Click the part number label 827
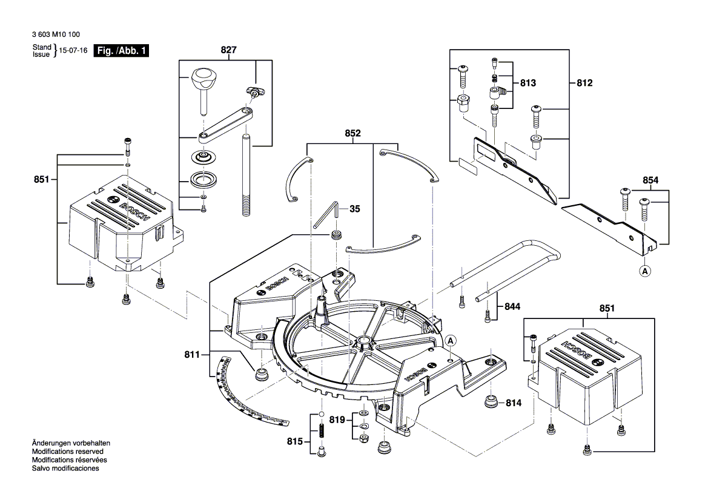(228, 51)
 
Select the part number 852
(352, 134)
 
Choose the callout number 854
(650, 180)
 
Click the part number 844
(512, 307)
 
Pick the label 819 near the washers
(337, 419)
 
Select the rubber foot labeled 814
(491, 401)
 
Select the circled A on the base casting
(451, 341)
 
